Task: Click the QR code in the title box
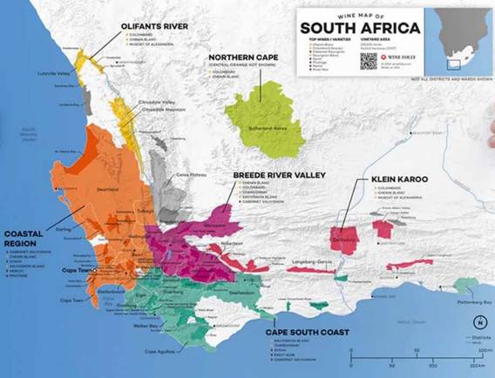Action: coord(368,61)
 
